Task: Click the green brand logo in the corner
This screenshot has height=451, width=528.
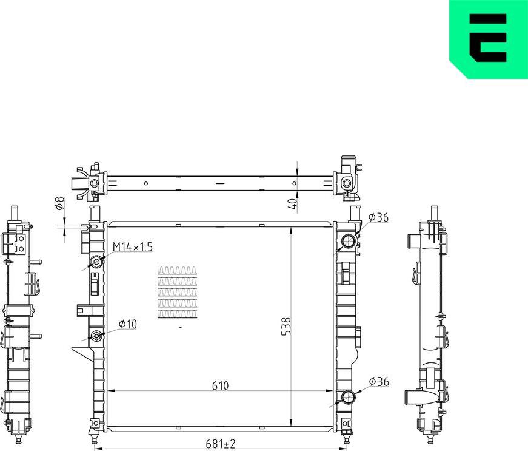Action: click(x=489, y=39)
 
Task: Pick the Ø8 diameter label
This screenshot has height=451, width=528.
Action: click(x=59, y=204)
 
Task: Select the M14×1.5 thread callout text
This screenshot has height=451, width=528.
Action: click(x=133, y=246)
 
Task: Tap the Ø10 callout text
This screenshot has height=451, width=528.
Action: click(x=127, y=324)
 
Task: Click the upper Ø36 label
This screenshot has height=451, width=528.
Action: click(x=378, y=217)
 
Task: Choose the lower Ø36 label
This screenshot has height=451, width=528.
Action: click(x=378, y=381)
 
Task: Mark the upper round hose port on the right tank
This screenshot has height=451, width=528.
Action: click(x=349, y=242)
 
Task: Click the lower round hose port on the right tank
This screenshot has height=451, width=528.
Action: click(x=349, y=398)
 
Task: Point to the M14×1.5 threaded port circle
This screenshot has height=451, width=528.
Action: click(x=96, y=262)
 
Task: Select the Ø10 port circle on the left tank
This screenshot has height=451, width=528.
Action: click(x=96, y=336)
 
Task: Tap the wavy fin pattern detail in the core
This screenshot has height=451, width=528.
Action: click(x=177, y=291)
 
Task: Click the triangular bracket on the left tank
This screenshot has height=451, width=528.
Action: click(x=81, y=352)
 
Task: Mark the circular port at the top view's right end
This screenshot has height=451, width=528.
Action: click(x=346, y=183)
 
